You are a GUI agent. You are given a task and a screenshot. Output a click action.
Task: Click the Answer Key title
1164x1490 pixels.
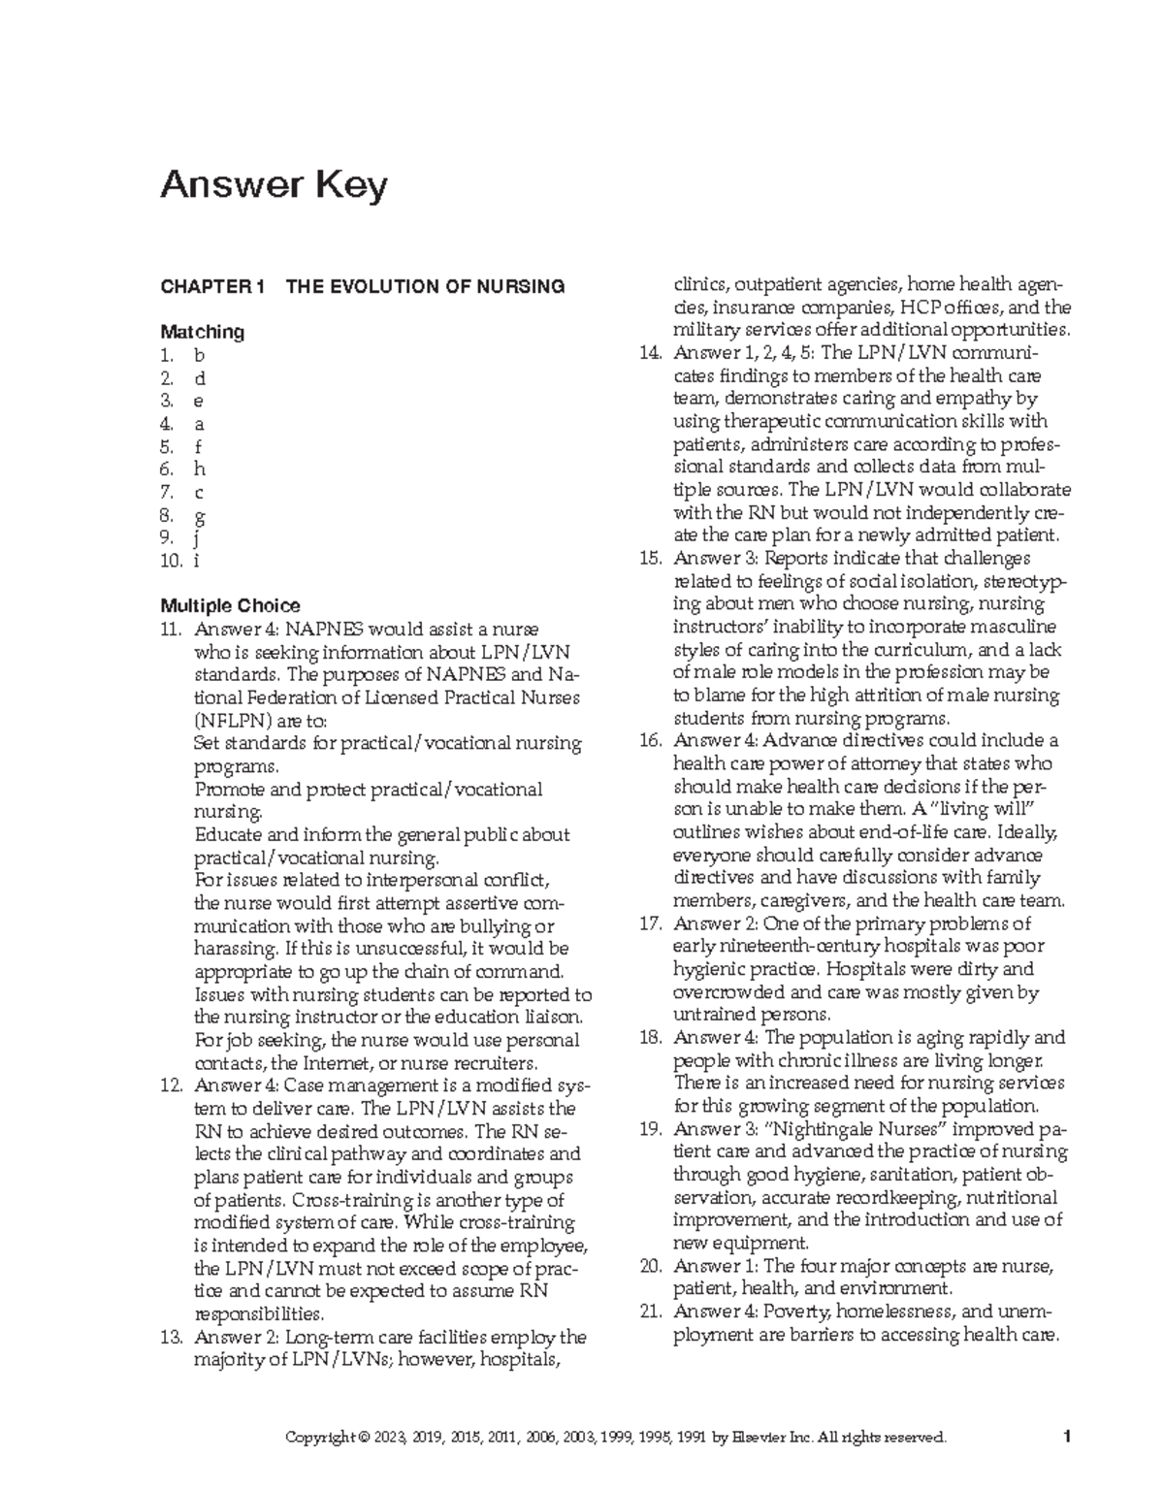pyautogui.click(x=274, y=184)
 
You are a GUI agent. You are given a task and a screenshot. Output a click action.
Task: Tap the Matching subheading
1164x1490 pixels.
pyautogui.click(x=202, y=332)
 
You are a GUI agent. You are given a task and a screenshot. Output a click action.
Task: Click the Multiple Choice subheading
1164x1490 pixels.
pyautogui.click(x=230, y=606)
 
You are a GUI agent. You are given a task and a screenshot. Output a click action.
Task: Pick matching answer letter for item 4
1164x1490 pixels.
pyautogui.click(x=200, y=424)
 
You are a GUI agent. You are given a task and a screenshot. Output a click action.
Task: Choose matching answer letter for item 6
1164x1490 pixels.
pyautogui.click(x=200, y=470)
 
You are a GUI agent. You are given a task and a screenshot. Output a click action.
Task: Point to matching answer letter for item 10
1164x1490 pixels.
pyautogui.click(x=198, y=561)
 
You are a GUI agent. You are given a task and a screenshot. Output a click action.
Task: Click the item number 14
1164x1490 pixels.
pyautogui.click(x=649, y=353)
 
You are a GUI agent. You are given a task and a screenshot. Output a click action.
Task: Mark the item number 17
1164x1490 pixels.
pyautogui.click(x=649, y=923)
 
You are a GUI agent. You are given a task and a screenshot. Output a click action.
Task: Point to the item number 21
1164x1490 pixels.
pyautogui.click(x=649, y=1312)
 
